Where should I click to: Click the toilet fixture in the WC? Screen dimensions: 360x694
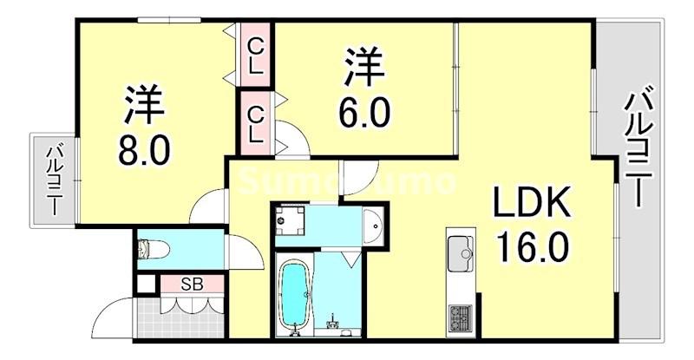coord(156,249)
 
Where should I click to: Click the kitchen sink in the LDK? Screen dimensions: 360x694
coord(462,253)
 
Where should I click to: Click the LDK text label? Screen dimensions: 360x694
coord(531,205)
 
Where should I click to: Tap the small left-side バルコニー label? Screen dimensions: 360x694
coord(53,180)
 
